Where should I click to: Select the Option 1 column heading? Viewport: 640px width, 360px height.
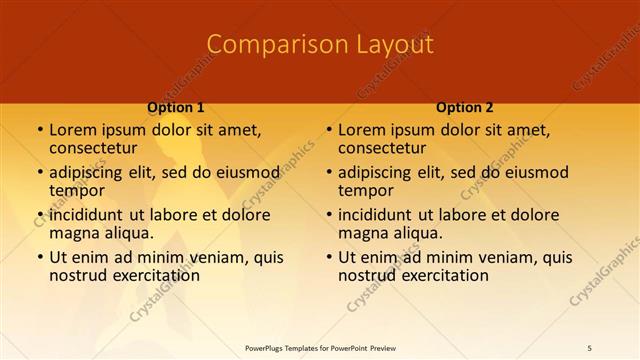pyautogui.click(x=176, y=108)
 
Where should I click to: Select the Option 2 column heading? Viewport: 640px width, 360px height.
pyautogui.click(x=465, y=108)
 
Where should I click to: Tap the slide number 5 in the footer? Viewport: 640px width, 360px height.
pyautogui.click(x=590, y=347)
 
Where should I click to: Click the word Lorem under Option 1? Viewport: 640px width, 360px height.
pyautogui.click(x=72, y=130)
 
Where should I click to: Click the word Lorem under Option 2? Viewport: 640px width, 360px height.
pyautogui.click(x=361, y=130)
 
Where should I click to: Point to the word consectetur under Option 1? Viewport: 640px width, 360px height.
pyautogui.click(x=95, y=149)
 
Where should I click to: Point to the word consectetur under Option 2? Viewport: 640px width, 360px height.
pyautogui.click(x=384, y=149)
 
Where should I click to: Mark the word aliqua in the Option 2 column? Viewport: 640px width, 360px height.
pyautogui.click(x=417, y=233)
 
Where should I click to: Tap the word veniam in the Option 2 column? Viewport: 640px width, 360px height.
pyautogui.click(x=481, y=257)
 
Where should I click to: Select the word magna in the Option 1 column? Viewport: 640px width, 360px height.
pyautogui.click(x=73, y=233)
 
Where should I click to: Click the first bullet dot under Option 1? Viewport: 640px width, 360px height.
pyautogui.click(x=39, y=131)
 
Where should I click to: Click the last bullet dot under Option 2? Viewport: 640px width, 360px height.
pyautogui.click(x=328, y=257)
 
